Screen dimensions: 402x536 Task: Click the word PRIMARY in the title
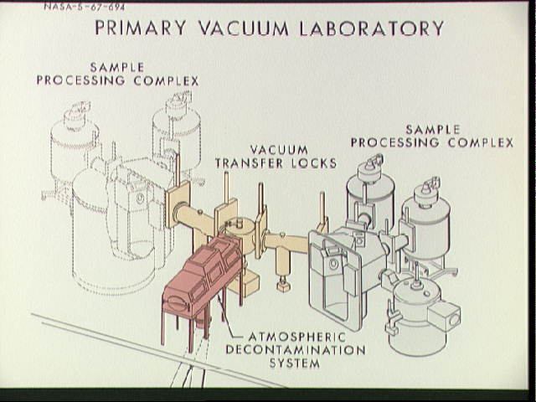(139, 28)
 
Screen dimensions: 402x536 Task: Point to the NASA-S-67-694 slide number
(79, 7)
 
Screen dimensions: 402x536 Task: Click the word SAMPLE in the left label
(116, 67)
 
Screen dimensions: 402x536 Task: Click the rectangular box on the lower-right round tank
(442, 315)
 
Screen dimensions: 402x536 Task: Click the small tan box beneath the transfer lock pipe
(284, 285)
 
